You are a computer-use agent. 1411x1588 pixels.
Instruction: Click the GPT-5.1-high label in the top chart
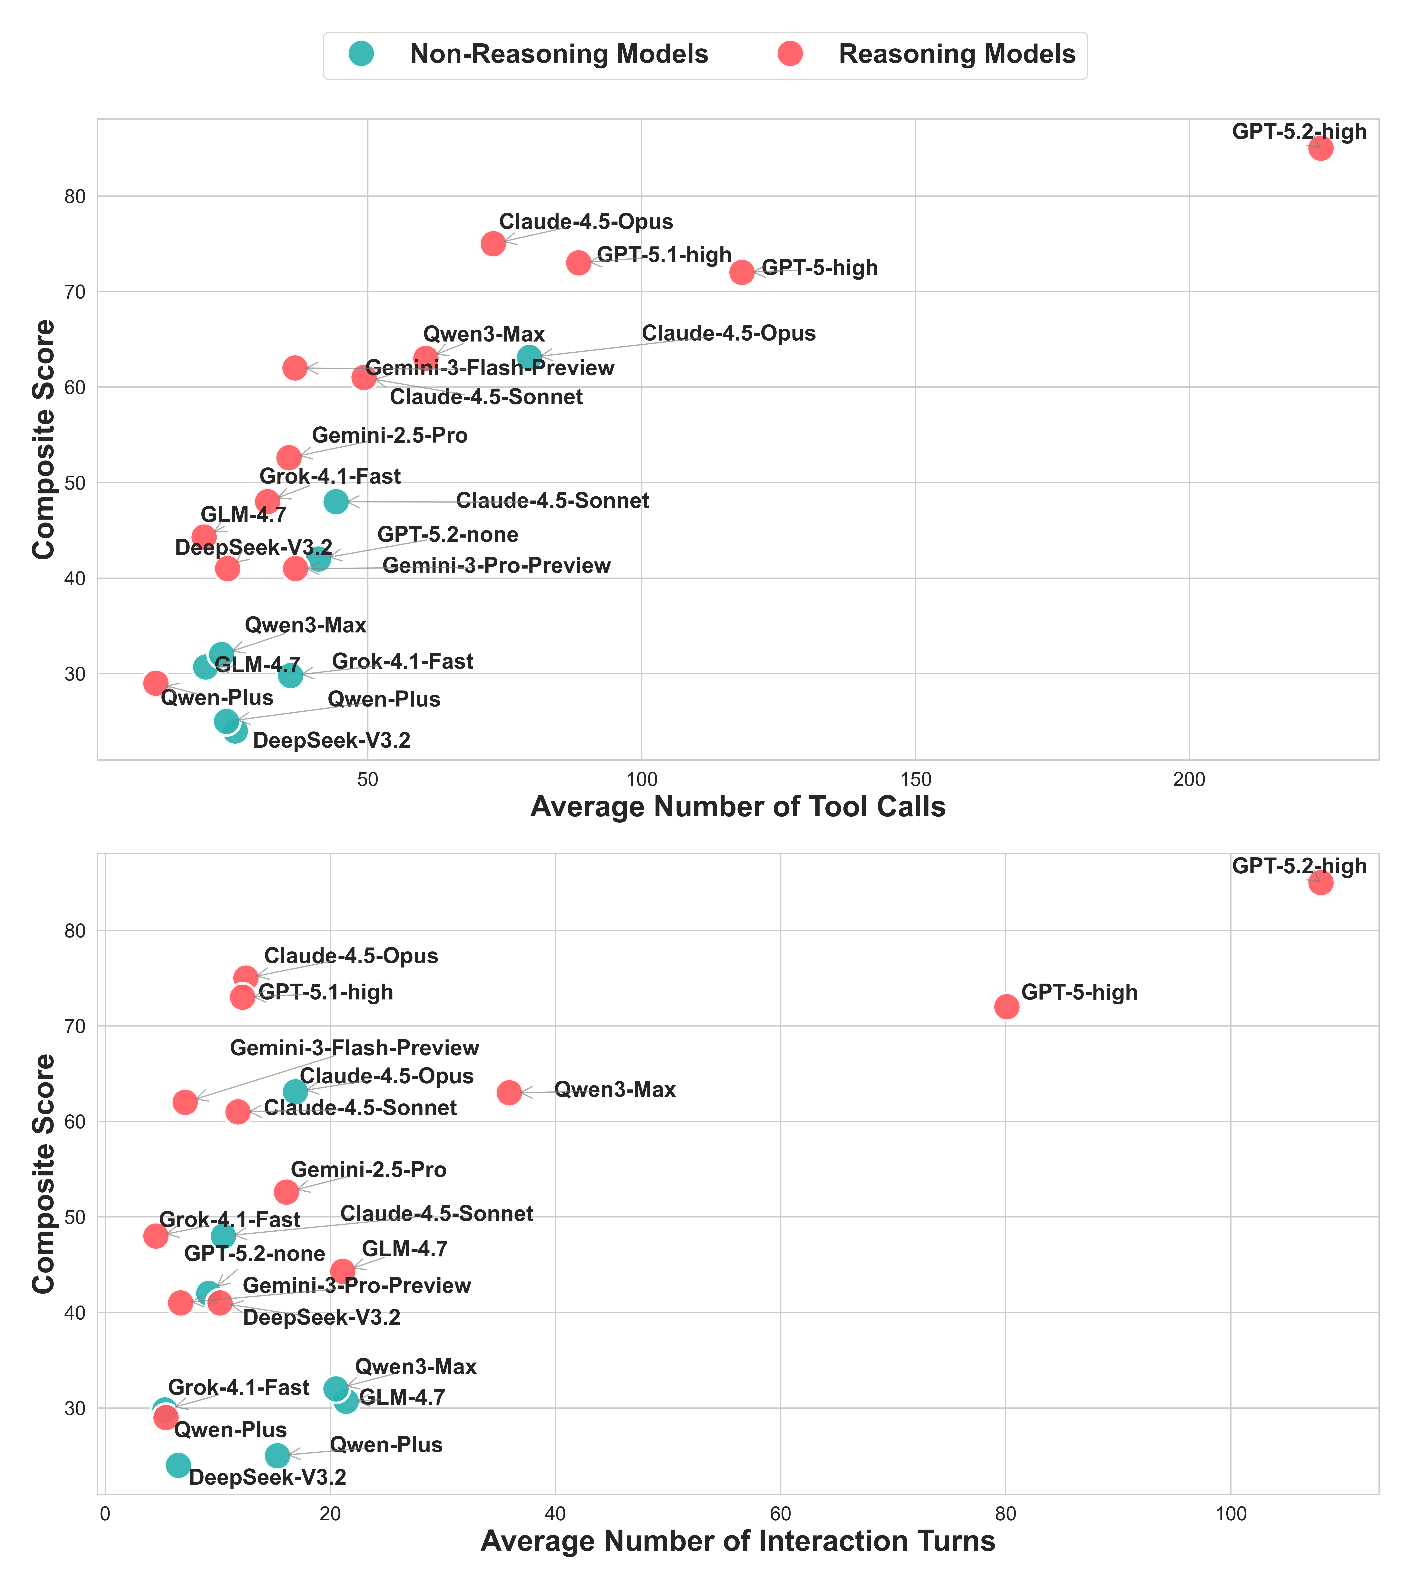coord(664,256)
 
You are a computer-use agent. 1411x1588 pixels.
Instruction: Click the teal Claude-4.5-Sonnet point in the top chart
coord(336,501)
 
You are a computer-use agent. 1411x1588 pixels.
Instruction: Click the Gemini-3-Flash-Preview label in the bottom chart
coord(355,1048)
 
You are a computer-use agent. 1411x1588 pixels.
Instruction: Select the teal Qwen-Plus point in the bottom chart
coord(277,1455)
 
